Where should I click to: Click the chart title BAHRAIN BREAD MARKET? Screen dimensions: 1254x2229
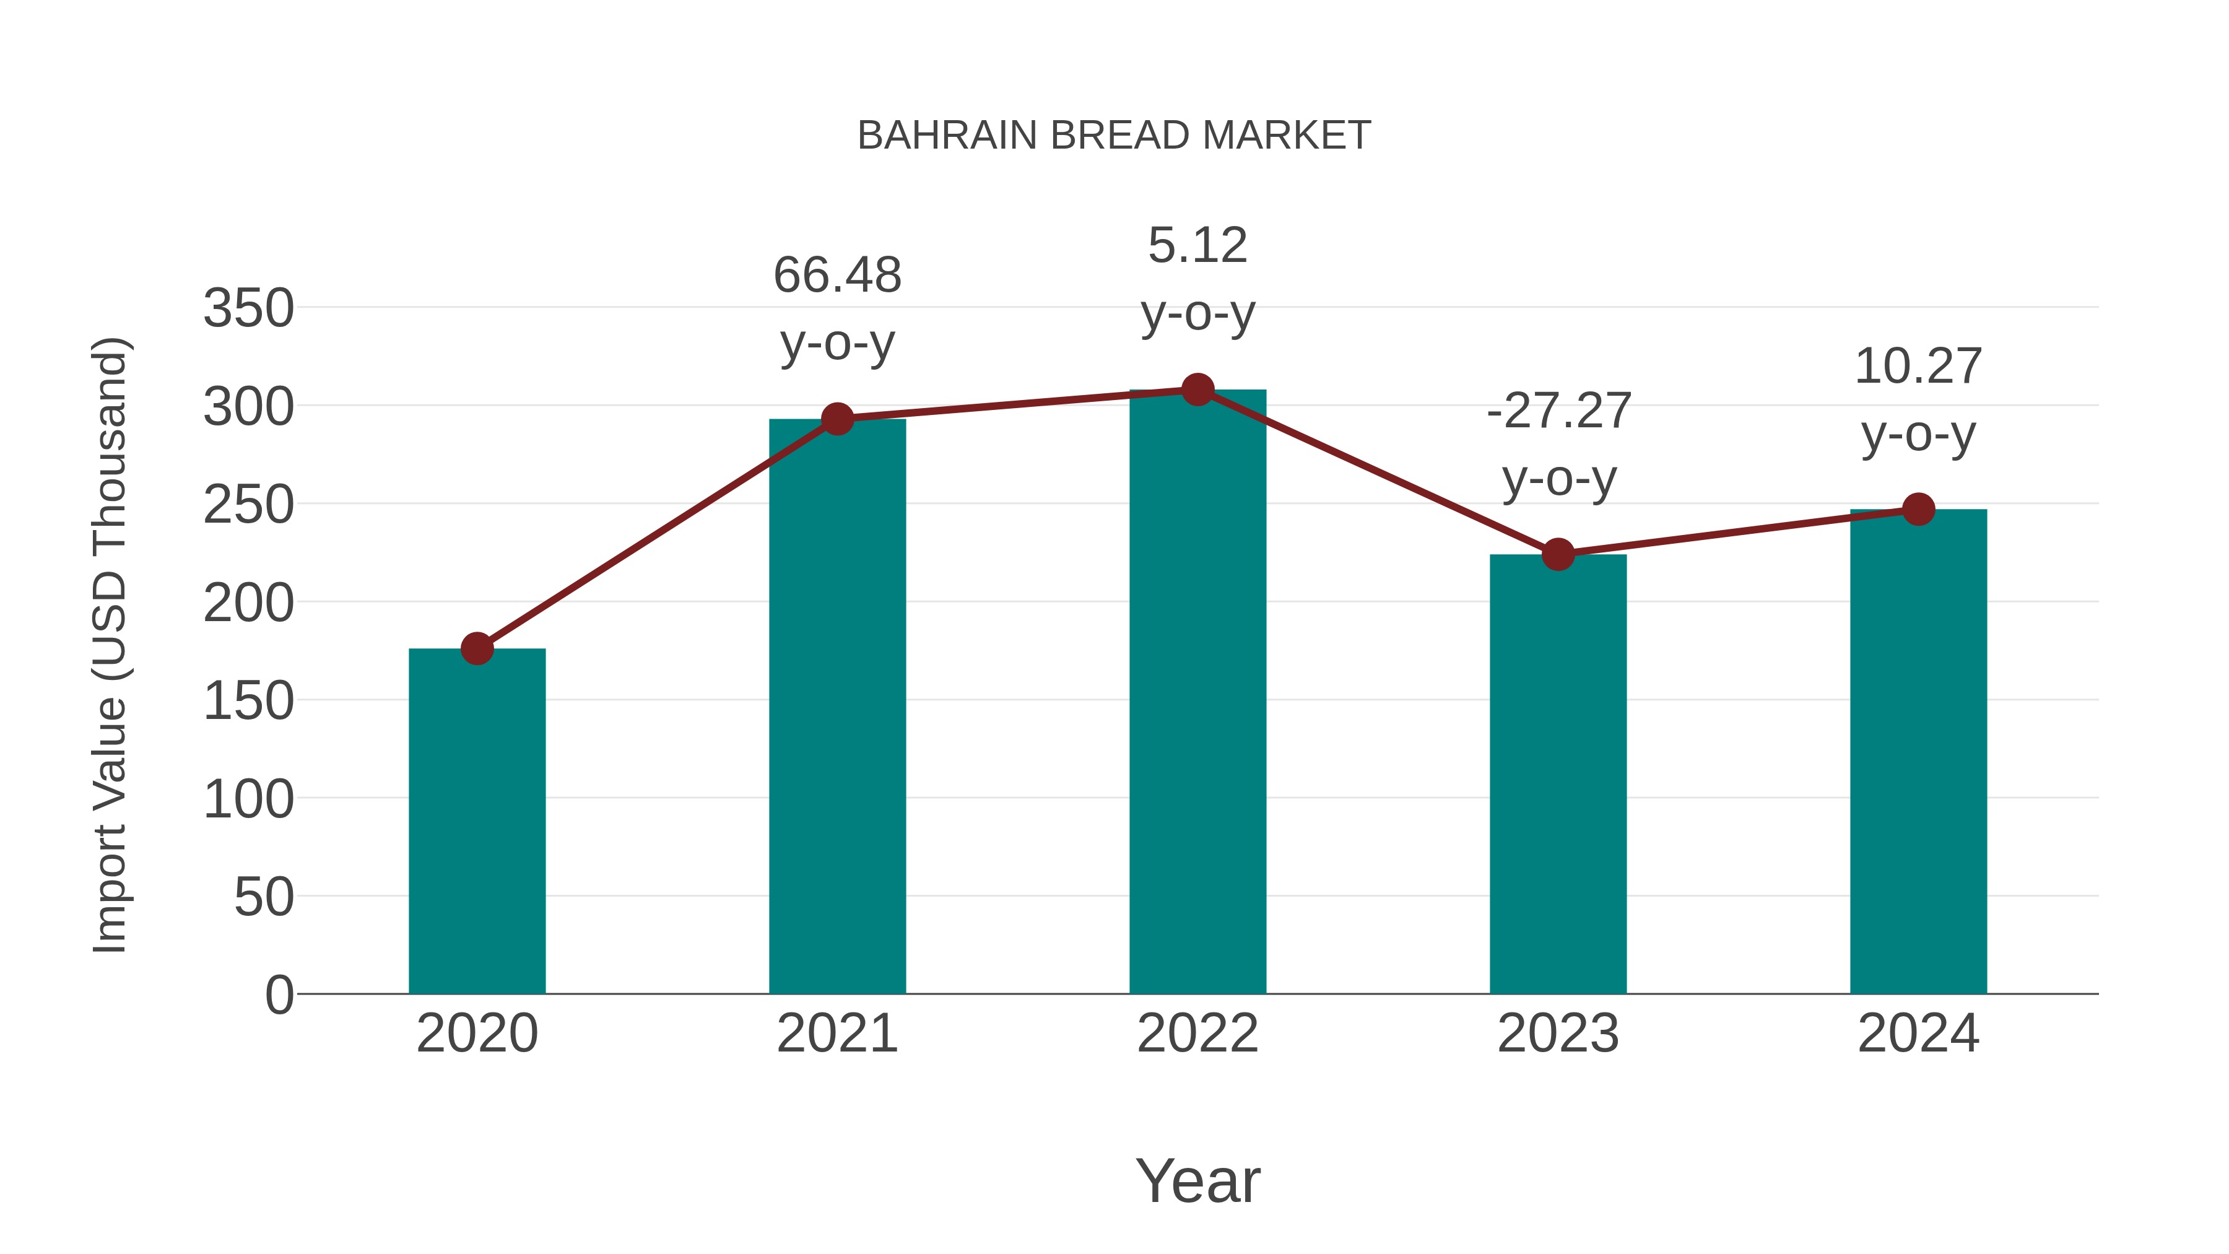1114,136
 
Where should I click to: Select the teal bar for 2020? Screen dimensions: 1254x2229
477,822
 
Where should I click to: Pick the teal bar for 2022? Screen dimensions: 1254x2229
1197,692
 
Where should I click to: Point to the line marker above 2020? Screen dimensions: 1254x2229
477,648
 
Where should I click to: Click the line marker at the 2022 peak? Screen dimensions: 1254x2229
1197,390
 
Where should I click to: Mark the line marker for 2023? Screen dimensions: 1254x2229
1558,554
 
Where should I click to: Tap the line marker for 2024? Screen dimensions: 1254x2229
1918,509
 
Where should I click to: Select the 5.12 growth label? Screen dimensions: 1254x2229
1197,246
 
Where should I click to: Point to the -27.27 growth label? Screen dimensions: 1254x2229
1558,411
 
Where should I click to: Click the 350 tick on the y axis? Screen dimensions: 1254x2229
248,308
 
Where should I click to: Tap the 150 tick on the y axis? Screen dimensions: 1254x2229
248,701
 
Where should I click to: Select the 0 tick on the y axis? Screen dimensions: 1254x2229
279,995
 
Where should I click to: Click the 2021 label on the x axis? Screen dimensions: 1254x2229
836,1034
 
